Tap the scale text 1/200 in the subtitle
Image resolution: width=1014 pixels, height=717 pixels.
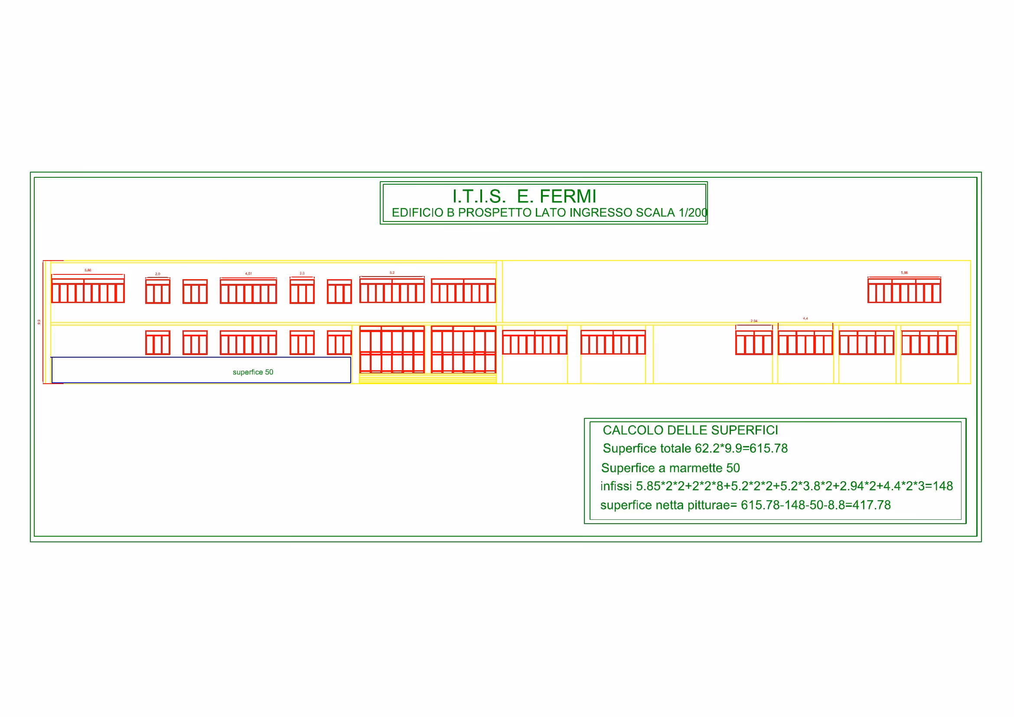pos(693,213)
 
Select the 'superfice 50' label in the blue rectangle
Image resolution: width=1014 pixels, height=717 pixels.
pos(253,372)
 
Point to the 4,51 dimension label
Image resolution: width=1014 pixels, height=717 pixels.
pos(248,274)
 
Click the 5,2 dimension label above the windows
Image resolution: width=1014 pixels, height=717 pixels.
pos(392,273)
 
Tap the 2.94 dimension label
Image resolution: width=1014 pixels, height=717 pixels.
pos(754,321)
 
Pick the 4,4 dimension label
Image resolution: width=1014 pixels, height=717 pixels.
pos(805,318)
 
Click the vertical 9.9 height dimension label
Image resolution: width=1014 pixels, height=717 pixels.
pos(39,322)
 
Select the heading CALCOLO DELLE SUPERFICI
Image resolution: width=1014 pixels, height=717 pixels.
pos(690,430)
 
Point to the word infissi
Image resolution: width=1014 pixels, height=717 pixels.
pos(616,486)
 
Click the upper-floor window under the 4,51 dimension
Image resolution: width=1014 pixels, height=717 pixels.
pos(248,291)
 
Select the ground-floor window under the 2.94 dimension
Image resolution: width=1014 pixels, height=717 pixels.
pos(753,342)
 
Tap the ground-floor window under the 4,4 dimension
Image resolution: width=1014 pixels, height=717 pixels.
pos(805,342)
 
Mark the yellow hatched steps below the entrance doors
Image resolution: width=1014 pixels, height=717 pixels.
pos(427,378)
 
